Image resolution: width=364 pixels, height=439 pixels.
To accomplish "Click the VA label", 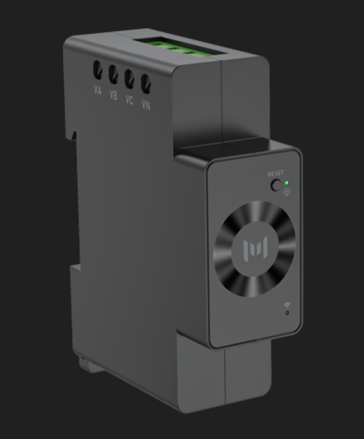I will coord(97,91).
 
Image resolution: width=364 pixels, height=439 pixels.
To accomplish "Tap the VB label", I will coord(113,95).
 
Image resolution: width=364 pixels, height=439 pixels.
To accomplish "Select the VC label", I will coord(129,100).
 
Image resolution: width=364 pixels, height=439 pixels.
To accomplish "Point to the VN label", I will coord(146,105).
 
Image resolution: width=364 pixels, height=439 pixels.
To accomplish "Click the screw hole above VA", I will coord(97,70).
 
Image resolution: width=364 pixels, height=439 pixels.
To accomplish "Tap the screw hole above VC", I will coord(129,79).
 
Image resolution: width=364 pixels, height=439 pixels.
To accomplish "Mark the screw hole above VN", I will coord(146,84).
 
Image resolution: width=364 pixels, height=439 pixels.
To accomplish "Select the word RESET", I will coord(276,174).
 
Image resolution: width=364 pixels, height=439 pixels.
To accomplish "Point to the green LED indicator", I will coord(287,183).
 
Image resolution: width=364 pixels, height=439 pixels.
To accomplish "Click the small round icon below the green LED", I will coord(287,192).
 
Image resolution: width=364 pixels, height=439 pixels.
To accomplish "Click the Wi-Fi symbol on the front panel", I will coord(287,305).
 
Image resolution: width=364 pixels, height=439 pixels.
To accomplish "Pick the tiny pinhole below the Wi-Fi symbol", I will coord(287,313).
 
